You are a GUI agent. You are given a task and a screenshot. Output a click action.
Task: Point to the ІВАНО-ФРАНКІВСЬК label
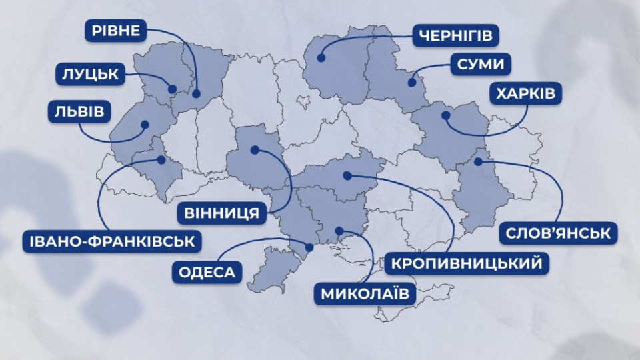111,240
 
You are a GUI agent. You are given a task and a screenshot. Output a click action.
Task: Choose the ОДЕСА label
207,272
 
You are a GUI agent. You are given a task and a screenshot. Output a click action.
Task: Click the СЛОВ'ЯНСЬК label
559,233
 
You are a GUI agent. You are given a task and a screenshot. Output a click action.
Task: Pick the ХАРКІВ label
525,94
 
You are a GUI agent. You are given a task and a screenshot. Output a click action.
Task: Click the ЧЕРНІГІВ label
456,35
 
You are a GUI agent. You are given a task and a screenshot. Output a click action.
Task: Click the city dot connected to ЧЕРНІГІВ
321,58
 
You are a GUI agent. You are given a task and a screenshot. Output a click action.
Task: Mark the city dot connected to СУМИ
412,83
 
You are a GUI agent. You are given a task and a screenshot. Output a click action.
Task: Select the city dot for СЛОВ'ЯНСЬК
478,161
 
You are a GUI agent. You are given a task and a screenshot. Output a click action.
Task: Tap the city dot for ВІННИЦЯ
254,150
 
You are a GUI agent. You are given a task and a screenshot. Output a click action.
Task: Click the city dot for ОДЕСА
309,247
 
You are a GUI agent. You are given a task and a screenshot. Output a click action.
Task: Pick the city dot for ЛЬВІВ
144,124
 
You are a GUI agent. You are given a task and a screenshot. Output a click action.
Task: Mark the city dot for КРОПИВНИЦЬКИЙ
347,175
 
